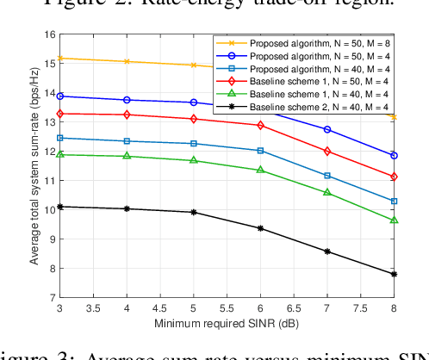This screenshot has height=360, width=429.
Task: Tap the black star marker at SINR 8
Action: (x=394, y=274)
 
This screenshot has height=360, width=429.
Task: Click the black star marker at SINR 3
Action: (x=59, y=207)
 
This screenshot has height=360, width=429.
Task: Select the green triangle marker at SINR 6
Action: (x=260, y=170)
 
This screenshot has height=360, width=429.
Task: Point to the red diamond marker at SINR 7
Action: (x=327, y=151)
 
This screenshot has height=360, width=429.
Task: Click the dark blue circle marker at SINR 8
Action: (x=394, y=156)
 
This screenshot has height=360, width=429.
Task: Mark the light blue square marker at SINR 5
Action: (x=193, y=144)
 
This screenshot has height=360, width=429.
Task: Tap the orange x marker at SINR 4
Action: (x=127, y=61)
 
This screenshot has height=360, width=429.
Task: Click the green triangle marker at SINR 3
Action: (x=59, y=154)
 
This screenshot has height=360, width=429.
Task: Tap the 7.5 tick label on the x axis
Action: (x=360, y=307)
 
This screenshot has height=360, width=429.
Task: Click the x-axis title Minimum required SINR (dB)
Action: (x=227, y=324)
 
